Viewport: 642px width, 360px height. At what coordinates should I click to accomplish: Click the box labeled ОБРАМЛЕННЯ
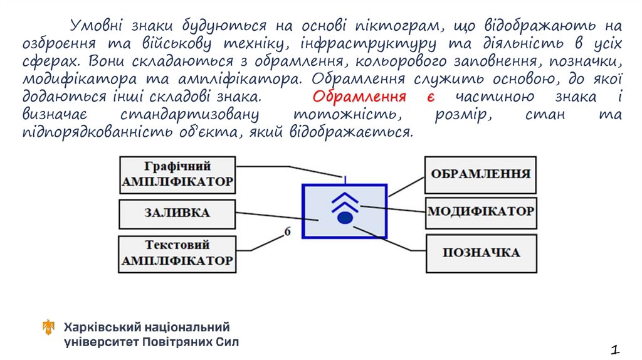tap(480, 174)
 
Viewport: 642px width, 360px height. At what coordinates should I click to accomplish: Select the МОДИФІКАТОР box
tap(480, 211)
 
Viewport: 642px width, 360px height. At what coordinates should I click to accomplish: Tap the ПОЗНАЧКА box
tap(481, 253)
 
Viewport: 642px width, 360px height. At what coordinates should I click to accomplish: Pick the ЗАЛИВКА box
tap(177, 213)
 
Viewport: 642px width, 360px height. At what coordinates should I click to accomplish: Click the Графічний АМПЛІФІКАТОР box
tap(177, 175)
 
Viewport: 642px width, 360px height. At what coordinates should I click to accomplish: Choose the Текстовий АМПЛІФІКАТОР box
tap(177, 253)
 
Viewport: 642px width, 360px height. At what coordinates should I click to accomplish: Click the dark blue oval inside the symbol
tap(344, 218)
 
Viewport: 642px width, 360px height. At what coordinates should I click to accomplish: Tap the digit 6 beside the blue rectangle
tap(288, 231)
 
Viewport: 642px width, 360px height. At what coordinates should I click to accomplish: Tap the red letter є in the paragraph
tap(431, 97)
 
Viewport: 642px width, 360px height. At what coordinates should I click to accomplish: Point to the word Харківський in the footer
tap(100, 327)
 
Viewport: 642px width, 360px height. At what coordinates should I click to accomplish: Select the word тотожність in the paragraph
tap(347, 115)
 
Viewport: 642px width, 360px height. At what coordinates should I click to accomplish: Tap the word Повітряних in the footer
tap(177, 342)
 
